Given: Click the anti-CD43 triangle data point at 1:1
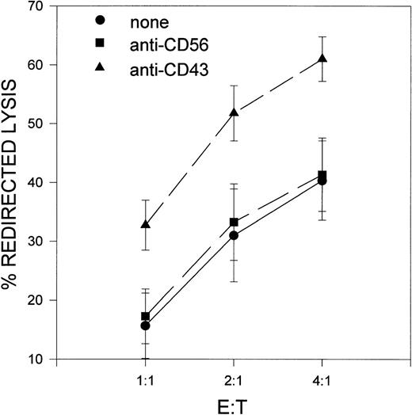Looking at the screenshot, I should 145,226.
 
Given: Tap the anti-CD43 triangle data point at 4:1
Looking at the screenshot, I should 322,59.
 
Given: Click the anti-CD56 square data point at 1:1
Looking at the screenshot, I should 145,316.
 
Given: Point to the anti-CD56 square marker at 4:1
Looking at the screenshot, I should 322,175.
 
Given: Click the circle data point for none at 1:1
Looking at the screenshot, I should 145,326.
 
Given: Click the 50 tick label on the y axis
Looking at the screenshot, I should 35,124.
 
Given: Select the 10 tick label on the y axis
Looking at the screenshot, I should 35,359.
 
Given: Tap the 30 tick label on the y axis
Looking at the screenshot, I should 35,242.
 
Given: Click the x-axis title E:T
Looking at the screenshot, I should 233,403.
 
